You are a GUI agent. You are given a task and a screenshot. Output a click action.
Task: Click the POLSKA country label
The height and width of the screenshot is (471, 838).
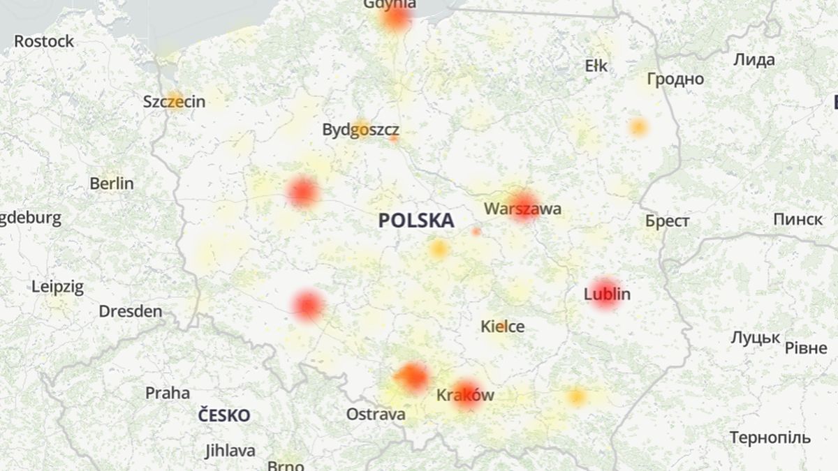(416, 221)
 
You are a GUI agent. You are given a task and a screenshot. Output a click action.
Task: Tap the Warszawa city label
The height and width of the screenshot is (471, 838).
(522, 209)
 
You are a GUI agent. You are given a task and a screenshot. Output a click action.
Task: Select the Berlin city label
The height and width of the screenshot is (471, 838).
(111, 184)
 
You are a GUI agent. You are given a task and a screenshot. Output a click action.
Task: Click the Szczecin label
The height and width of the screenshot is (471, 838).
(174, 102)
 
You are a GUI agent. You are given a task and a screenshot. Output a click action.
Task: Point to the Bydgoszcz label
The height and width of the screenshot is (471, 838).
(360, 130)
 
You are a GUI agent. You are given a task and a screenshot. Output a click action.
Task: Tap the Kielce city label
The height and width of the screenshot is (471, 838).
(502, 326)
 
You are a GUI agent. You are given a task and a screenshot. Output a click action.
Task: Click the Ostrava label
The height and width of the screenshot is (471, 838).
(376, 414)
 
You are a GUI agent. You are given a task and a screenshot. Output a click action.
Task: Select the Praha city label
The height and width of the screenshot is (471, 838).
(167, 393)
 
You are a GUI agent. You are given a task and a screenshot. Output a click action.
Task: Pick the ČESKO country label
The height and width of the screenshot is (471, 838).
(223, 416)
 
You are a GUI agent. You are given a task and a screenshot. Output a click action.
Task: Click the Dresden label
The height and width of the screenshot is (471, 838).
(130, 311)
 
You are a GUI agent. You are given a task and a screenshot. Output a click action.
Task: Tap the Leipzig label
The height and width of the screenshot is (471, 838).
(57, 287)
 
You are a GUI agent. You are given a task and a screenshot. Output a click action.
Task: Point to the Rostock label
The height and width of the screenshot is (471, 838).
(43, 41)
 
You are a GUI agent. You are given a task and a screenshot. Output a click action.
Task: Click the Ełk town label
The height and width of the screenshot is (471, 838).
(596, 66)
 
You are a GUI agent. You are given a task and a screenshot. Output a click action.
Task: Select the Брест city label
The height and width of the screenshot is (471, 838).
(667, 221)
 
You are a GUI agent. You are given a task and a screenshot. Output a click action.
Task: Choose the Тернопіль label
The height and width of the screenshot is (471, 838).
(770, 438)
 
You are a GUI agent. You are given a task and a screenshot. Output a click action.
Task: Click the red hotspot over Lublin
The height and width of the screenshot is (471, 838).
(605, 294)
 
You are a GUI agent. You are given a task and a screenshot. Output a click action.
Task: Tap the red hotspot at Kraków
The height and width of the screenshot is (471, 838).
(466, 394)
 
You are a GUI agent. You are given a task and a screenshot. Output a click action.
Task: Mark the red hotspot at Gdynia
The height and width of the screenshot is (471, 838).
(396, 17)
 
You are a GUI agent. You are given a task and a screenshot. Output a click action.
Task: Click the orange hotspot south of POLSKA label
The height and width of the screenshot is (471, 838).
(439, 248)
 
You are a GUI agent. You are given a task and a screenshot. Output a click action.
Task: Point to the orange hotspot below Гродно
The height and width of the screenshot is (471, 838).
(638, 128)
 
